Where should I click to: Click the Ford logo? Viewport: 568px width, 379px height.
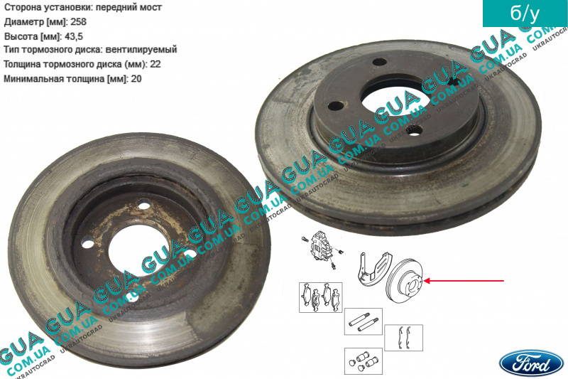pos(532,363)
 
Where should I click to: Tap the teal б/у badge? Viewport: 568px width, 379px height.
pos(525,13)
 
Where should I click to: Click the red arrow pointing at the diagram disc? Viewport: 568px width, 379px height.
pos(464,281)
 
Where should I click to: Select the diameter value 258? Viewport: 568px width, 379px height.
pos(78,22)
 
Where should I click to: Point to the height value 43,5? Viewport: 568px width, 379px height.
pos(74,37)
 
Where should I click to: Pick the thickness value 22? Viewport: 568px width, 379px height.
pos(155,64)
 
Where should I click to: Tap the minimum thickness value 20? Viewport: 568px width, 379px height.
pos(136,79)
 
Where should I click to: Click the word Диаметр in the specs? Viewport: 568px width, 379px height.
pos(24,22)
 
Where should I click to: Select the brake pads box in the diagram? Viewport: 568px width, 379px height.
pos(321,297)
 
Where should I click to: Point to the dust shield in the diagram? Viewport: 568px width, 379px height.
pos(374,269)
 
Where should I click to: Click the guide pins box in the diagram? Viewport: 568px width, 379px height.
pos(364,321)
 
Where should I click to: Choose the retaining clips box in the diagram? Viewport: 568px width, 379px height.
pos(403,338)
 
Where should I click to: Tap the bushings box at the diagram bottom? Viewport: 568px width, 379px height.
pos(364,361)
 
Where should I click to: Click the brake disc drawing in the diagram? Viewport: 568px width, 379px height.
pos(405,282)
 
